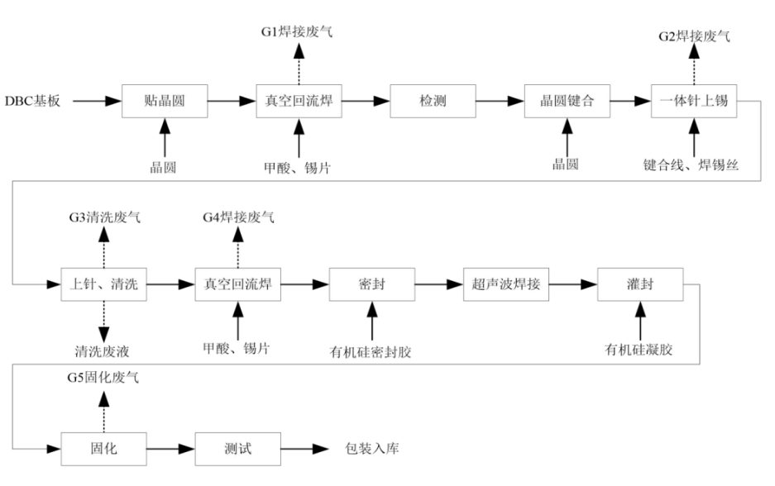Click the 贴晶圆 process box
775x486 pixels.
(164, 102)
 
